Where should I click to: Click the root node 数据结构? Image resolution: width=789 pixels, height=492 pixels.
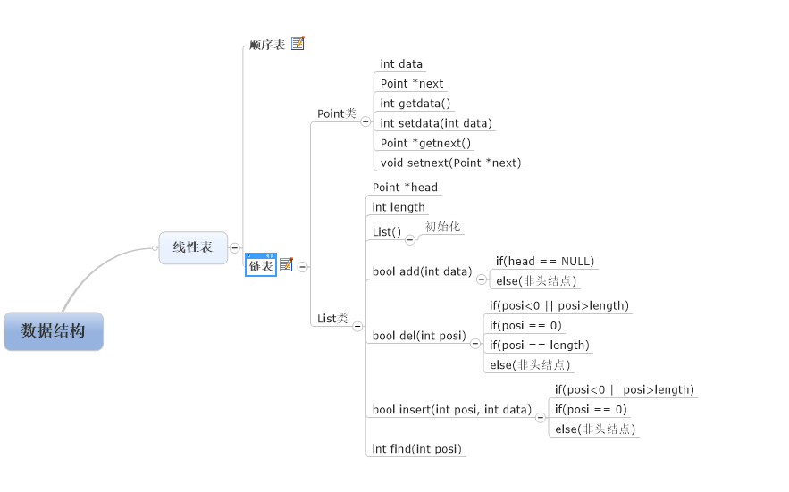(54, 331)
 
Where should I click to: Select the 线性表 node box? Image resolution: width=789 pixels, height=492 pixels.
(193, 247)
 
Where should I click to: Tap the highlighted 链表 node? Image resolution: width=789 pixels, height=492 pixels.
(261, 266)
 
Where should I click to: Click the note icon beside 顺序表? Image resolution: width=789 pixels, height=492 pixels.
(298, 43)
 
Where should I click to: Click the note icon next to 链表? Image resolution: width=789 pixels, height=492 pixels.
(286, 265)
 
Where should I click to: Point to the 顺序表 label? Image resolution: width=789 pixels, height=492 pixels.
(267, 44)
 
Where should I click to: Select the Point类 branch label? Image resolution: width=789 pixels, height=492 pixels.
(336, 113)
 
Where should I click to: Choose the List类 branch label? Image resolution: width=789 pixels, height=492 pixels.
(332, 318)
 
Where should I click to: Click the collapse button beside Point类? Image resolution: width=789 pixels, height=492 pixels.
(365, 121)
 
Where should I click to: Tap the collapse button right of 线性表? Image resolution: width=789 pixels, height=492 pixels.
(234, 247)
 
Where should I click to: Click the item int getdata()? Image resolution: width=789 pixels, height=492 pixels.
(415, 104)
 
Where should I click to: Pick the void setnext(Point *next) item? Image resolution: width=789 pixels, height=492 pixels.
(450, 163)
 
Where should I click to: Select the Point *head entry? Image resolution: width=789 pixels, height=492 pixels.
(405, 188)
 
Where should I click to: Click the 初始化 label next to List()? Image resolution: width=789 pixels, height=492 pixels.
(442, 227)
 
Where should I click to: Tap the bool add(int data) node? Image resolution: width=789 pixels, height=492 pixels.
(422, 271)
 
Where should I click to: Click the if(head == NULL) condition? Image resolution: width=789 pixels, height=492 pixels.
(545, 262)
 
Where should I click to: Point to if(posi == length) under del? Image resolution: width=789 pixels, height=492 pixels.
(539, 345)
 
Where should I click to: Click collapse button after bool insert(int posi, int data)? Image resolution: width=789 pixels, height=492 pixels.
(540, 417)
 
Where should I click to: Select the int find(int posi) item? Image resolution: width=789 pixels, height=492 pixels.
(416, 448)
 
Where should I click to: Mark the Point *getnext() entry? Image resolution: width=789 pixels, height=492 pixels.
(425, 143)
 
